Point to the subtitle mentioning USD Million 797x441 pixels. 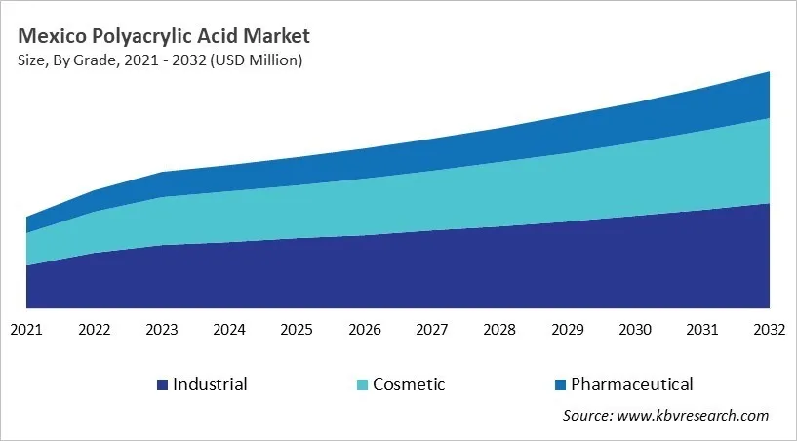[160, 61]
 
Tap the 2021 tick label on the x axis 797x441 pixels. [26, 330]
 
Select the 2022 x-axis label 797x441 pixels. [94, 330]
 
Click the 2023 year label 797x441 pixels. [162, 330]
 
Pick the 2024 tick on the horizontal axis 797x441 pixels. [229, 330]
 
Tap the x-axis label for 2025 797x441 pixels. [297, 330]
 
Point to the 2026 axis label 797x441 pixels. [364, 330]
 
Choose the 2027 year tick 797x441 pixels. [432, 330]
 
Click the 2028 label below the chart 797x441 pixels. [499, 330]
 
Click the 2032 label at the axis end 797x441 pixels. [769, 330]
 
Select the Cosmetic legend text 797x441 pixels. [408, 384]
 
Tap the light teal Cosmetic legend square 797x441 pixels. [362, 384]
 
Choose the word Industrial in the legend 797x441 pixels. [210, 384]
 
